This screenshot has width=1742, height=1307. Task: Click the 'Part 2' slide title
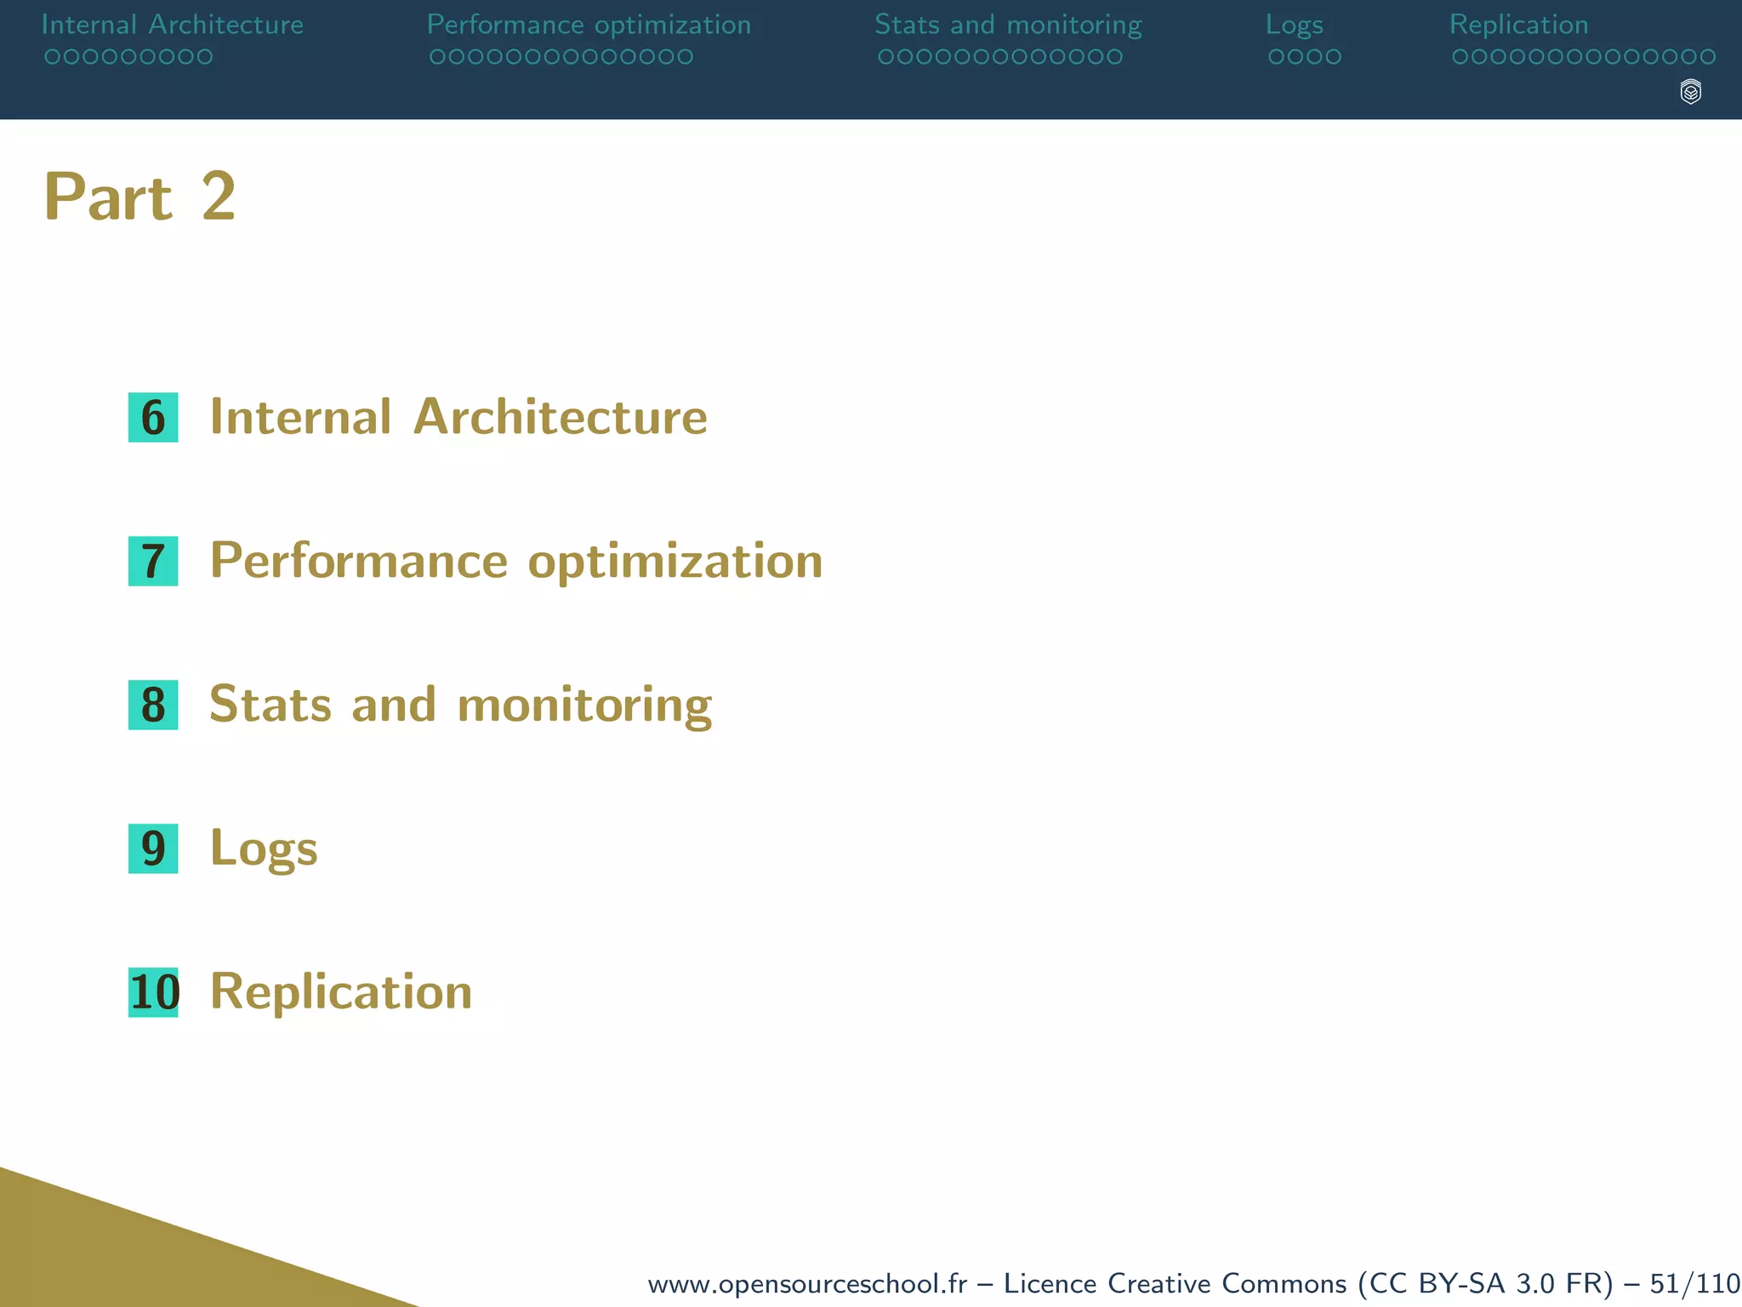[x=139, y=197]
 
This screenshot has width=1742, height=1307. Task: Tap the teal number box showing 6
[x=153, y=418]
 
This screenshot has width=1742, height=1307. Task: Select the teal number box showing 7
[x=153, y=562]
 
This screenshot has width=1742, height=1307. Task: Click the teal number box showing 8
[x=153, y=705]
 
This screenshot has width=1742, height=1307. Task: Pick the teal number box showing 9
[x=153, y=849]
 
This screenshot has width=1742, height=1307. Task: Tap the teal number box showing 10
[x=154, y=993]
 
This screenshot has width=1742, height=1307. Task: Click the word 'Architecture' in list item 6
[x=560, y=417]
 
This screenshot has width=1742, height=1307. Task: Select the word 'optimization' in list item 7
[x=675, y=562]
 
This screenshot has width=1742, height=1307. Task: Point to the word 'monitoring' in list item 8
[x=584, y=705]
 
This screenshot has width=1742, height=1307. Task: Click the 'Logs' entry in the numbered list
[x=264, y=849]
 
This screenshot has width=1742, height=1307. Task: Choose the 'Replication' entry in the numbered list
[x=341, y=992]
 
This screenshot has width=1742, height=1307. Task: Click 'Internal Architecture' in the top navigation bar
[x=173, y=25]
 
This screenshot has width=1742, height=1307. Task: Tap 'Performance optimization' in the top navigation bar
[x=589, y=25]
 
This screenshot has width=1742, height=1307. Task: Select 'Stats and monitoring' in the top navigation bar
[x=1008, y=25]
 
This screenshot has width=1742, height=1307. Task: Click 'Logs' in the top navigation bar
[x=1294, y=25]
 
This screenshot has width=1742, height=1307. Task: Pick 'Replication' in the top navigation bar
[x=1518, y=25]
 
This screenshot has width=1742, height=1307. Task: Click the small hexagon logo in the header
[x=1691, y=92]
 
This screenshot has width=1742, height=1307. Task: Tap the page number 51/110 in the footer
[x=1694, y=1283]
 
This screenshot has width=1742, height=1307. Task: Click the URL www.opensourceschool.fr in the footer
[x=807, y=1283]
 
